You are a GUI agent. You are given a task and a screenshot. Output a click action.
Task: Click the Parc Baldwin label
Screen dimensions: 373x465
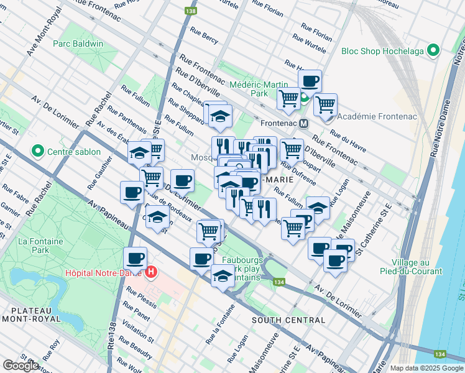pyautogui.click(x=78, y=44)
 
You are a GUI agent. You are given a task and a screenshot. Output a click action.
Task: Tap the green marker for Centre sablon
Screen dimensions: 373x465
pyautogui.click(x=37, y=150)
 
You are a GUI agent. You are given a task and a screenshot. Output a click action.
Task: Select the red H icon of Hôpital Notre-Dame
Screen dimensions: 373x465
pyautogui.click(x=151, y=272)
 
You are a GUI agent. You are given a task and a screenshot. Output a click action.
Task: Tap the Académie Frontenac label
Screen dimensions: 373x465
pyautogui.click(x=369, y=116)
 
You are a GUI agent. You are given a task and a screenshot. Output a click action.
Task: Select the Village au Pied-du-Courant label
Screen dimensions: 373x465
pyautogui.click(x=413, y=267)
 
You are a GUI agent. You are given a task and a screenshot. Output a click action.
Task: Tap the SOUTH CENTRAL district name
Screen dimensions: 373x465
pyautogui.click(x=288, y=320)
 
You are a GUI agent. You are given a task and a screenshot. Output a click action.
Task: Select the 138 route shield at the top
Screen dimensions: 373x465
pyautogui.click(x=190, y=11)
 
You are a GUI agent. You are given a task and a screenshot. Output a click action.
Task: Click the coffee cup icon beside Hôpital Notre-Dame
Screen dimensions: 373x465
pyautogui.click(x=135, y=257)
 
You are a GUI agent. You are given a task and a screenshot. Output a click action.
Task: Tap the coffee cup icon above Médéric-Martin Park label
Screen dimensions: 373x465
pyautogui.click(x=310, y=80)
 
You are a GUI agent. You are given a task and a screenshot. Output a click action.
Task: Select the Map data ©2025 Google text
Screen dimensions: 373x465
pyautogui.click(x=426, y=368)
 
